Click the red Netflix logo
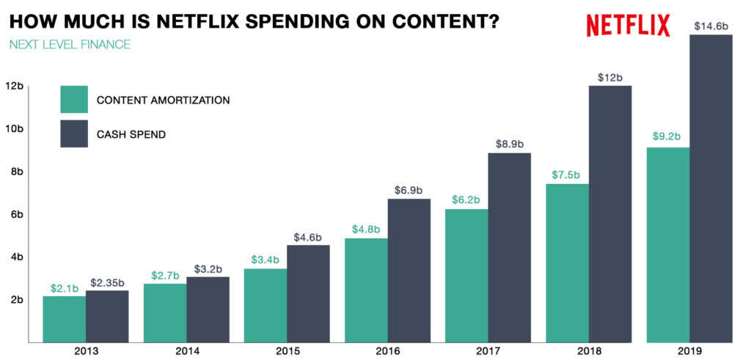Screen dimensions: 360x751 click(628, 25)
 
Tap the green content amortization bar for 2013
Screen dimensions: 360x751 click(64, 319)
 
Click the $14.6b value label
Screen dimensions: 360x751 click(711, 26)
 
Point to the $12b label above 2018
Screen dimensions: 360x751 click(609, 77)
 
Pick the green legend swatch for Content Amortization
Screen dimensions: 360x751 click(74, 100)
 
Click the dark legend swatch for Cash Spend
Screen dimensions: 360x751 click(74, 134)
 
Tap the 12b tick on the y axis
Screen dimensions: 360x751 click(14, 86)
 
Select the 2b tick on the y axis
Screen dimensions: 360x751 click(16, 299)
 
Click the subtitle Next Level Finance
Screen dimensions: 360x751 click(70, 45)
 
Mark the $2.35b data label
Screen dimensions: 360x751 click(107, 282)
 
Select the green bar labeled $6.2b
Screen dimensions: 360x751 click(466, 275)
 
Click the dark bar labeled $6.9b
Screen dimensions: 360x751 click(409, 270)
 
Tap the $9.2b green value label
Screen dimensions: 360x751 click(667, 137)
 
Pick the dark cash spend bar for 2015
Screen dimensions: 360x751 click(308, 293)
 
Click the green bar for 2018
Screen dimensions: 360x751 click(567, 262)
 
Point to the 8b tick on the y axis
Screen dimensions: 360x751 click(16, 172)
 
